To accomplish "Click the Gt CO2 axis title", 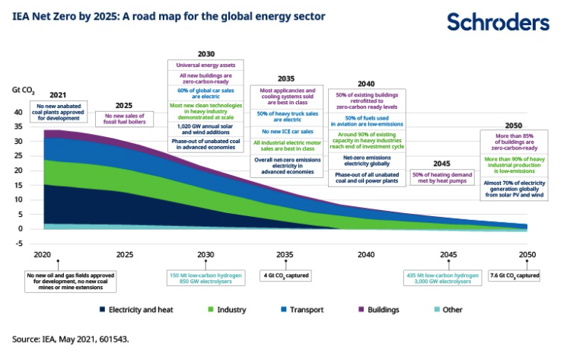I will pos(23,90).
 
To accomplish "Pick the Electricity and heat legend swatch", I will pos(102,310).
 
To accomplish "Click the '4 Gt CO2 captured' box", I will pos(286,275).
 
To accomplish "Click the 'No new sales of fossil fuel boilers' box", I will pos(123,118).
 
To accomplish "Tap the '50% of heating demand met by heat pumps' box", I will pos(442,177).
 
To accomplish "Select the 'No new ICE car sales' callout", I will pos(286,130).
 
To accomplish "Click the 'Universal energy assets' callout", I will pos(205,65).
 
